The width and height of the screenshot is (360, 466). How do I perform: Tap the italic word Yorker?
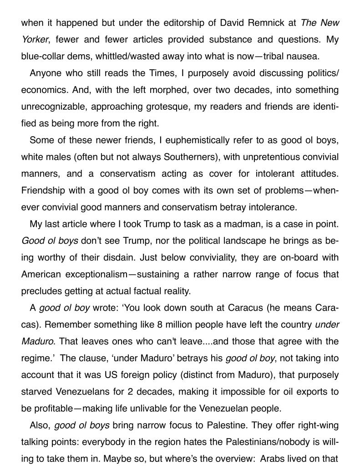pyautogui.click(x=34, y=40)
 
